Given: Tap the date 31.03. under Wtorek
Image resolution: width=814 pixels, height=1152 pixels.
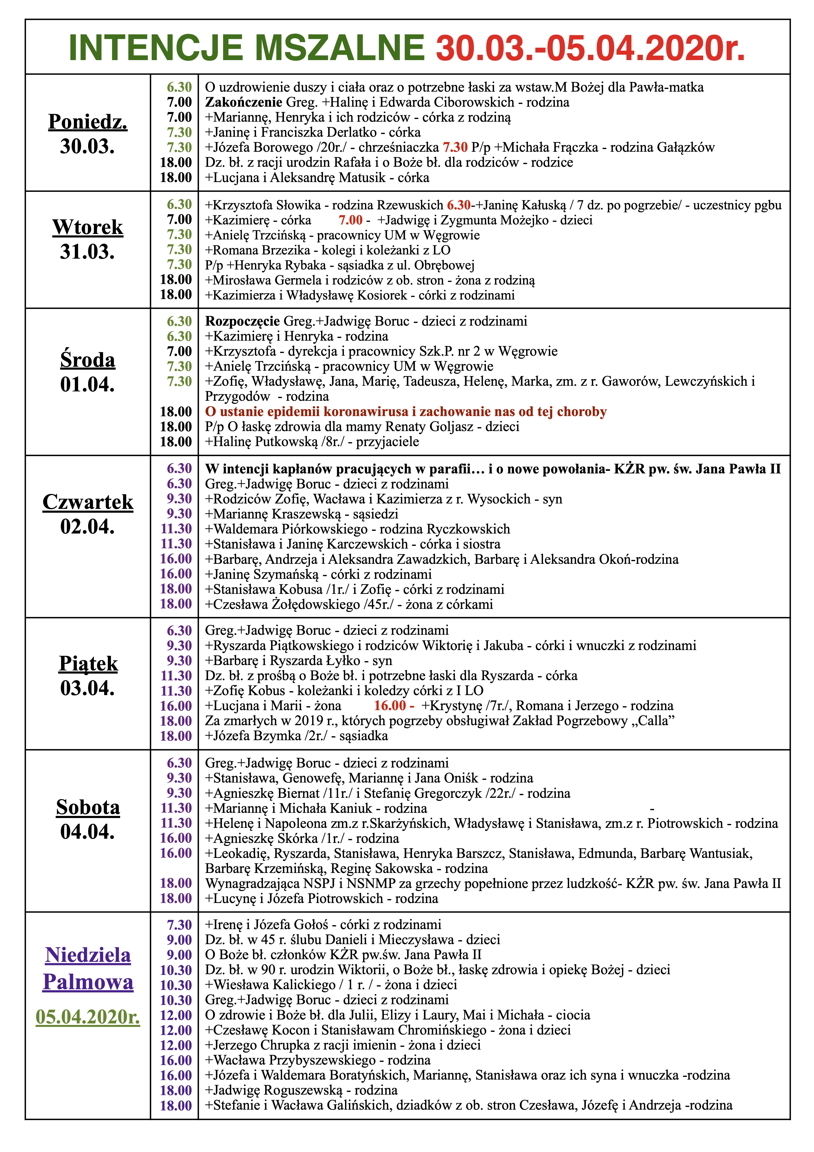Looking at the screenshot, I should coord(88,251).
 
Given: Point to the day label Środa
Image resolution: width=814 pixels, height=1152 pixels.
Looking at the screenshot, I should coord(88,360).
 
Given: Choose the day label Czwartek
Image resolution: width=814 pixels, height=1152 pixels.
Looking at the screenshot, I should coord(88,502).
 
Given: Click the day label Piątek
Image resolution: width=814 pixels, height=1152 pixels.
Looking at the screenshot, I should coord(88,663).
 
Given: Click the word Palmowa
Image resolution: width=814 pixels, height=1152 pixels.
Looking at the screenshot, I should coord(88,981).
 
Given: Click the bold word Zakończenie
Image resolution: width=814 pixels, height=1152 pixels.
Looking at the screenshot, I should coord(244,102).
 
